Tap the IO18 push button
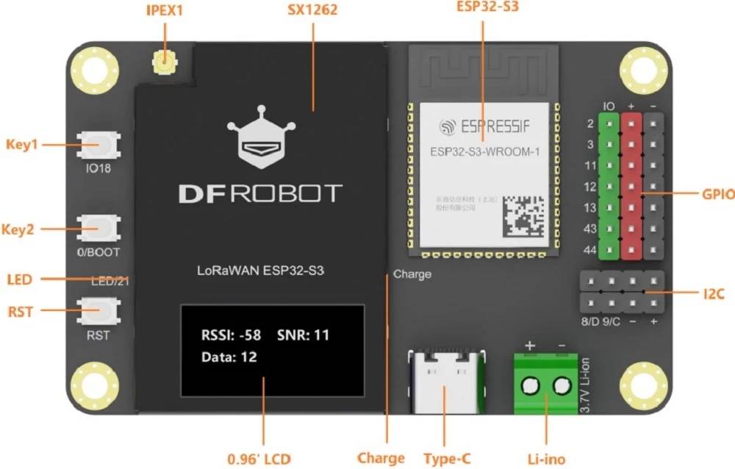click(98, 144)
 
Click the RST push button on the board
click(98, 311)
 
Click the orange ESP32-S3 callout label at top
click(483, 9)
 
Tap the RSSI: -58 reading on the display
click(231, 336)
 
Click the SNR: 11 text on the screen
click(304, 336)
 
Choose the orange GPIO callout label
click(717, 195)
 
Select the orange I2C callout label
click(714, 294)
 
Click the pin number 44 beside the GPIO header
click(589, 251)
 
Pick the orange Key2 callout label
click(20, 229)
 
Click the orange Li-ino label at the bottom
click(545, 459)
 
